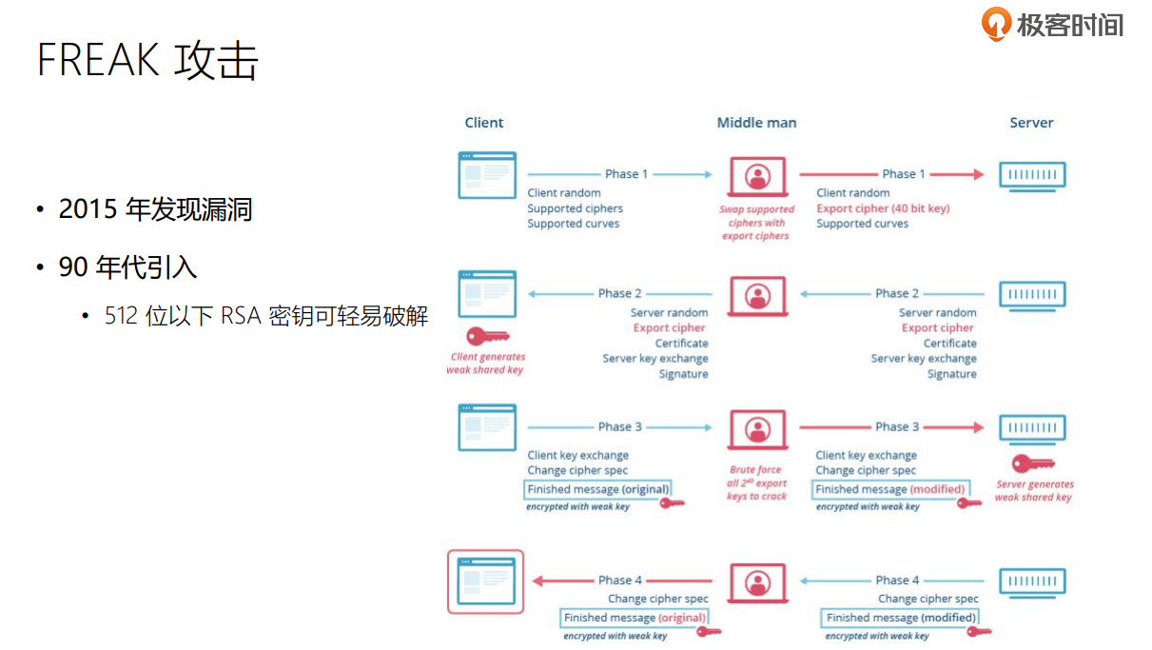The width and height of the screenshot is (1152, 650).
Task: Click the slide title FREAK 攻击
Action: [x=147, y=60]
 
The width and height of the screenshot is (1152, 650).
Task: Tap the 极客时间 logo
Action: [x=1053, y=24]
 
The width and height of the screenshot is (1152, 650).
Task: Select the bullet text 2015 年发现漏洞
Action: [x=155, y=209]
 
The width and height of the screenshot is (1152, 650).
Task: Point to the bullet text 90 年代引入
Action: [x=127, y=267]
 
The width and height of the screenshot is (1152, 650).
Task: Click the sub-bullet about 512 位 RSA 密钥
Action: [x=266, y=316]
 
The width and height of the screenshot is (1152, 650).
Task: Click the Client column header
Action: [x=484, y=123]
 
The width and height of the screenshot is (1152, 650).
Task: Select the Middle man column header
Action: [x=756, y=123]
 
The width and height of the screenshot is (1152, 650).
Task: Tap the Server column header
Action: [x=1031, y=123]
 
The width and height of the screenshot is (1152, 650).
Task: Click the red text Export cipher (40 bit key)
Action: [x=883, y=208]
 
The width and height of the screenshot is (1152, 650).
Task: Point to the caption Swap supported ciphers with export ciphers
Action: [x=756, y=223]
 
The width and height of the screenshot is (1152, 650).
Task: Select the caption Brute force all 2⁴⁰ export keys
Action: [x=756, y=483]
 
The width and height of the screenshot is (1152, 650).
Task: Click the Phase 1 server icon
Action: [x=1032, y=175]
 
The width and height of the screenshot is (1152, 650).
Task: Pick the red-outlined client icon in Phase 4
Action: [x=486, y=581]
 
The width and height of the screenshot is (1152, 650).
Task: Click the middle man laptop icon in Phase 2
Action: [x=757, y=295]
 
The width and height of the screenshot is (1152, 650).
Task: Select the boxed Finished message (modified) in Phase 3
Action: [x=890, y=489]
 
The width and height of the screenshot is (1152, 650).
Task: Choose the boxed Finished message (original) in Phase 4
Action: [x=635, y=618]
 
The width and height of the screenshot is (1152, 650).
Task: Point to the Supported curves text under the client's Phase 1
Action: [x=574, y=224]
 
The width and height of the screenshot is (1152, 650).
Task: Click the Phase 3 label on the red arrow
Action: [x=897, y=426]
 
